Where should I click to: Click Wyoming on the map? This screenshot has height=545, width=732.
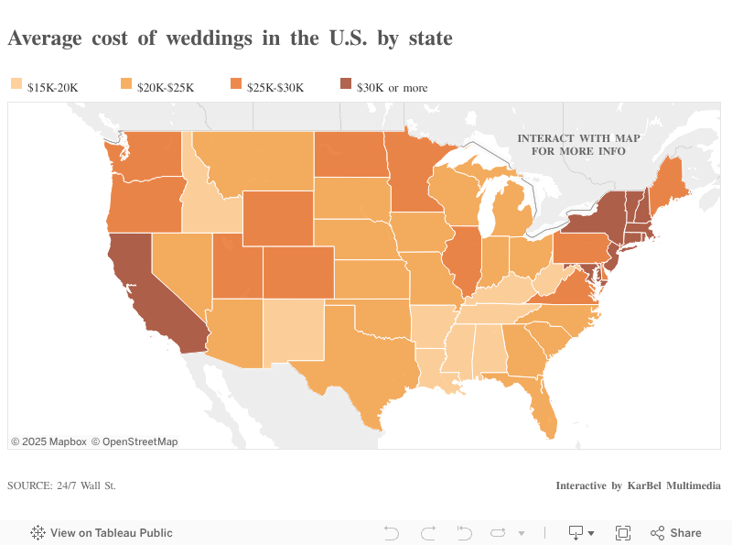click(278, 220)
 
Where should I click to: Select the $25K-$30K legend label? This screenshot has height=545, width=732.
click(275, 87)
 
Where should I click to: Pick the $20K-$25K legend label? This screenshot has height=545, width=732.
click(166, 87)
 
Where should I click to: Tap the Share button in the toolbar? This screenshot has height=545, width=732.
click(676, 533)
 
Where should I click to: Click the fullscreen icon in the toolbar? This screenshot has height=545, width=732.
click(623, 533)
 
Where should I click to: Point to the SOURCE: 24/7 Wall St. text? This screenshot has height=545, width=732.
click(61, 485)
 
